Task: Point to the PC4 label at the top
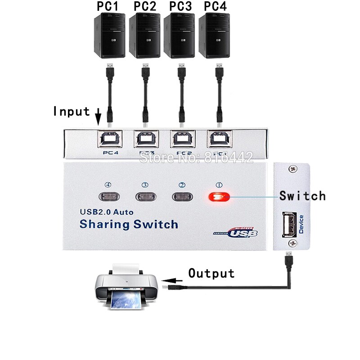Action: coord(216,8)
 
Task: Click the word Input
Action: coord(72,111)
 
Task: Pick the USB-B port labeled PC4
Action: coord(108,139)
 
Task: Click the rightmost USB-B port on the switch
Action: coord(219,139)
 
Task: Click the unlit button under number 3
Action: coord(145,197)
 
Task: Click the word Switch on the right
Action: coord(302,196)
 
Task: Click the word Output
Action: coord(211,274)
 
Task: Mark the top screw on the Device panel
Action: coord(292,170)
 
